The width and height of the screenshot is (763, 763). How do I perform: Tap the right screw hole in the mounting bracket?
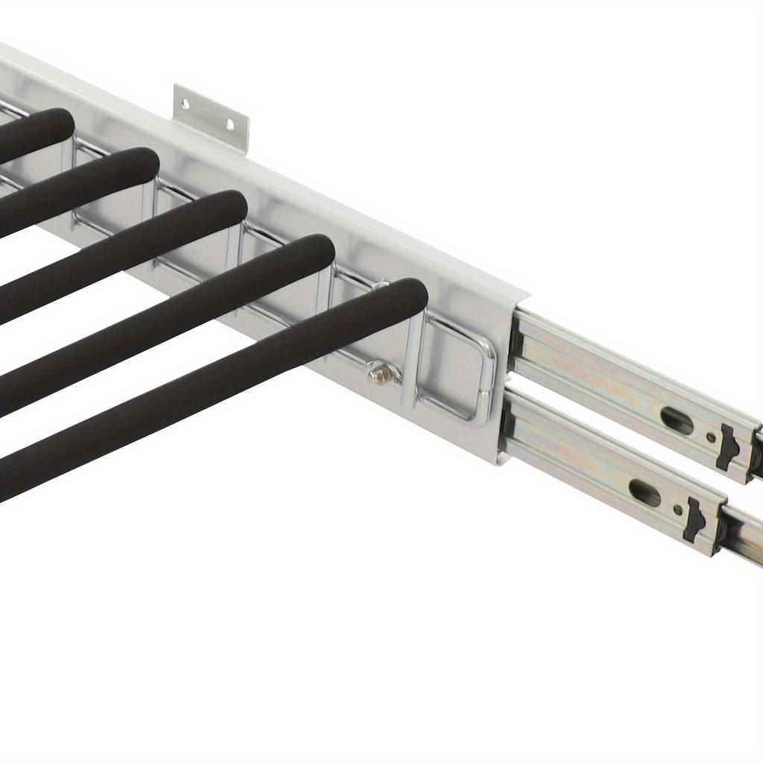(x=230, y=124)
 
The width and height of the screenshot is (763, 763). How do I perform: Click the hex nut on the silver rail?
(x=380, y=373)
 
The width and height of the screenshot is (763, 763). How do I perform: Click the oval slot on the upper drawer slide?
(x=676, y=420)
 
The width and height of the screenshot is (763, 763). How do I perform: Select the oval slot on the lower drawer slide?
(x=645, y=493)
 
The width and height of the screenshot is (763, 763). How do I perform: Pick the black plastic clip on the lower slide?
(x=694, y=519)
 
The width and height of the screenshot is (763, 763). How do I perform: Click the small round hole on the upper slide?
(x=710, y=437)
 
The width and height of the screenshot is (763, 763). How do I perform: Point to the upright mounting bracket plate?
(x=210, y=116)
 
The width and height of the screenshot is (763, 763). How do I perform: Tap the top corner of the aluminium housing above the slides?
(x=525, y=294)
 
